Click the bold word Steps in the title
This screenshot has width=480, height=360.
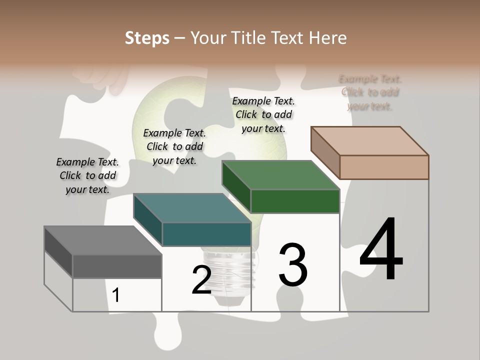click(x=147, y=38)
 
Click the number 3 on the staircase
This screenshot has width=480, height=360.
click(x=293, y=264)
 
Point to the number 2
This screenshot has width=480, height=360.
click(x=201, y=280)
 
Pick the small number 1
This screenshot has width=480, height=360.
click(x=116, y=295)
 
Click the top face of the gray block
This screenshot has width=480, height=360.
click(x=103, y=240)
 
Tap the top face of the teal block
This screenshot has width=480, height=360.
click(x=192, y=208)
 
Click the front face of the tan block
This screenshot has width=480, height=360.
click(x=384, y=167)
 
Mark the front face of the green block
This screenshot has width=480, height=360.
click(x=295, y=201)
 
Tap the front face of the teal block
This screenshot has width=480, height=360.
click(x=206, y=234)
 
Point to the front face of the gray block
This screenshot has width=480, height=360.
click(x=117, y=266)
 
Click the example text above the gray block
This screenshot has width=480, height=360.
click(x=87, y=175)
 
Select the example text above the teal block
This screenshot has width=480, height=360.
click(x=174, y=146)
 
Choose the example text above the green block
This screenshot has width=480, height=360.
click(x=263, y=114)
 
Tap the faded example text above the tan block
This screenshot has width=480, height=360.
click(x=370, y=92)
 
